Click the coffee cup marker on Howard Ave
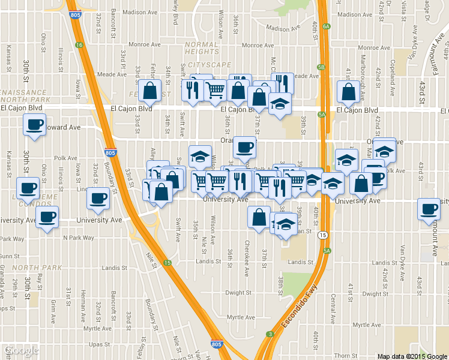(34, 125)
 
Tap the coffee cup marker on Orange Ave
(244, 147)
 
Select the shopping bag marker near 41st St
(349, 92)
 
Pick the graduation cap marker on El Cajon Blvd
(280, 104)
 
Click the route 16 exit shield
(79, 45)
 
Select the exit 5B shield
(321, 67)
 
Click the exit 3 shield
(271, 334)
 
